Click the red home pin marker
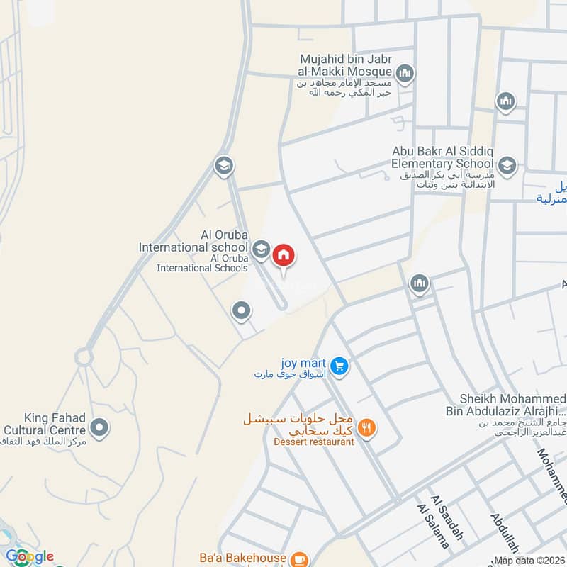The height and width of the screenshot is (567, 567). pos(283,254)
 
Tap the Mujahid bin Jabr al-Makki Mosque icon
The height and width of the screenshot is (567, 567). pos(405,72)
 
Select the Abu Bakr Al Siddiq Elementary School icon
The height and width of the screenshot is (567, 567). pos(507,167)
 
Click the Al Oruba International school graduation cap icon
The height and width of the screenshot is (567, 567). pos(260,249)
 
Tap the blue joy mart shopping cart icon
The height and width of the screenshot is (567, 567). pos(339,366)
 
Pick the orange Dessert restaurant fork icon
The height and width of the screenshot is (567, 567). pos(366,427)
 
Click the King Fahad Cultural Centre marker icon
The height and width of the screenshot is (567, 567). pos(100,427)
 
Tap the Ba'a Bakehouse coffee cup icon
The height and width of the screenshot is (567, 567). pos(299,559)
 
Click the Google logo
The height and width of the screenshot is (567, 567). pos(29,556)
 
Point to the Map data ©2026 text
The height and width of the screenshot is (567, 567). pos(529,561)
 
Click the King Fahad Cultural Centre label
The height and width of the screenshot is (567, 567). pos(45,424)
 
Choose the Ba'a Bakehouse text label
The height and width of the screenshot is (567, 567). pos(242,559)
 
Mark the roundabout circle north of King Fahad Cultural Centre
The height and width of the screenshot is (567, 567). pos(84,357)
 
